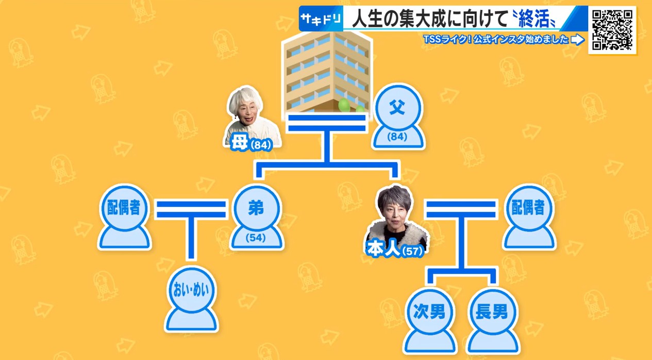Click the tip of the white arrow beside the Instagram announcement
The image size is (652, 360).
(584, 40)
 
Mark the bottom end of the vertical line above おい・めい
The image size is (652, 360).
(191, 258)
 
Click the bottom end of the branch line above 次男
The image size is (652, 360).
(430, 283)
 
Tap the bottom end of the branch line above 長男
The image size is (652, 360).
(493, 283)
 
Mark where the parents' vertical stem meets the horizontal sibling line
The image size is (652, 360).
(327, 165)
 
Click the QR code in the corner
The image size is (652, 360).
(612, 30)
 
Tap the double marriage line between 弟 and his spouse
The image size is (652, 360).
(191, 209)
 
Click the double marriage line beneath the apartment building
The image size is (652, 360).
(327, 123)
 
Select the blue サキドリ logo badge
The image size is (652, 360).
(321, 19)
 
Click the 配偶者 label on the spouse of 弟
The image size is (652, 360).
(124, 207)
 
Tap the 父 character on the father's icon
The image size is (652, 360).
(397, 107)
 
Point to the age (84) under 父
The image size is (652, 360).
(397, 137)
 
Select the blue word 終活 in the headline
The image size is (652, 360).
(533, 19)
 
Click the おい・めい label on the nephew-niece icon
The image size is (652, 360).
(191, 290)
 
